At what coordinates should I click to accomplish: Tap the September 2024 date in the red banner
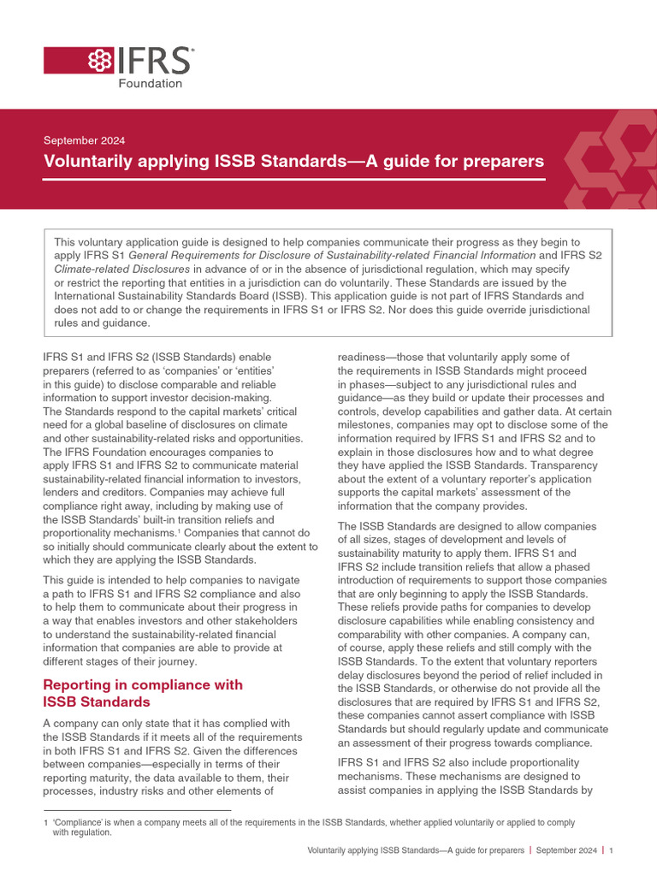pyautogui.click(x=85, y=140)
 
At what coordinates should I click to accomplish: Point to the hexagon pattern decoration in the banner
pyautogui.click(x=613, y=163)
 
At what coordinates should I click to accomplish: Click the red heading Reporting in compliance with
pyautogui.click(x=143, y=684)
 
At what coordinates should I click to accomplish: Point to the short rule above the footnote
pyautogui.click(x=137, y=810)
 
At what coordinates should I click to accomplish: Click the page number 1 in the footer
pyautogui.click(x=612, y=850)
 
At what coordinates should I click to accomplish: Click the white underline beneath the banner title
pyautogui.click(x=294, y=180)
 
